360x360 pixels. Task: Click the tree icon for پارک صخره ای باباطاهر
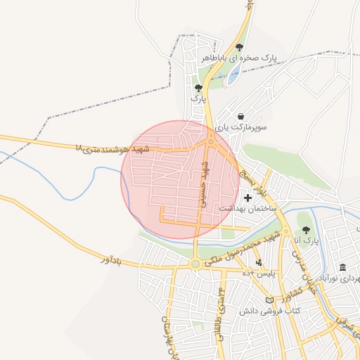(x=239, y=48)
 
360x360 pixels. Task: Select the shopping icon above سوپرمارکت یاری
(x=241, y=117)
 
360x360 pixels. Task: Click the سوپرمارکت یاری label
(x=241, y=128)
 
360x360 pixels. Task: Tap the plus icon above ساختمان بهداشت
(x=247, y=198)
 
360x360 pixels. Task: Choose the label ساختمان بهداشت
(x=248, y=209)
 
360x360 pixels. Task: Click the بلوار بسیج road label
(x=252, y=175)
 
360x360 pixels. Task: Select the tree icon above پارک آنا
(x=306, y=229)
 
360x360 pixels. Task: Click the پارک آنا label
(x=307, y=240)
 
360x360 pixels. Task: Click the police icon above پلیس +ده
(x=259, y=262)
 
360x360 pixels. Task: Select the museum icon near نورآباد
(x=342, y=268)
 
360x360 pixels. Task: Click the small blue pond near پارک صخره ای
(x=231, y=76)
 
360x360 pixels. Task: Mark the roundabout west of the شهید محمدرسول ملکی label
(x=195, y=264)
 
